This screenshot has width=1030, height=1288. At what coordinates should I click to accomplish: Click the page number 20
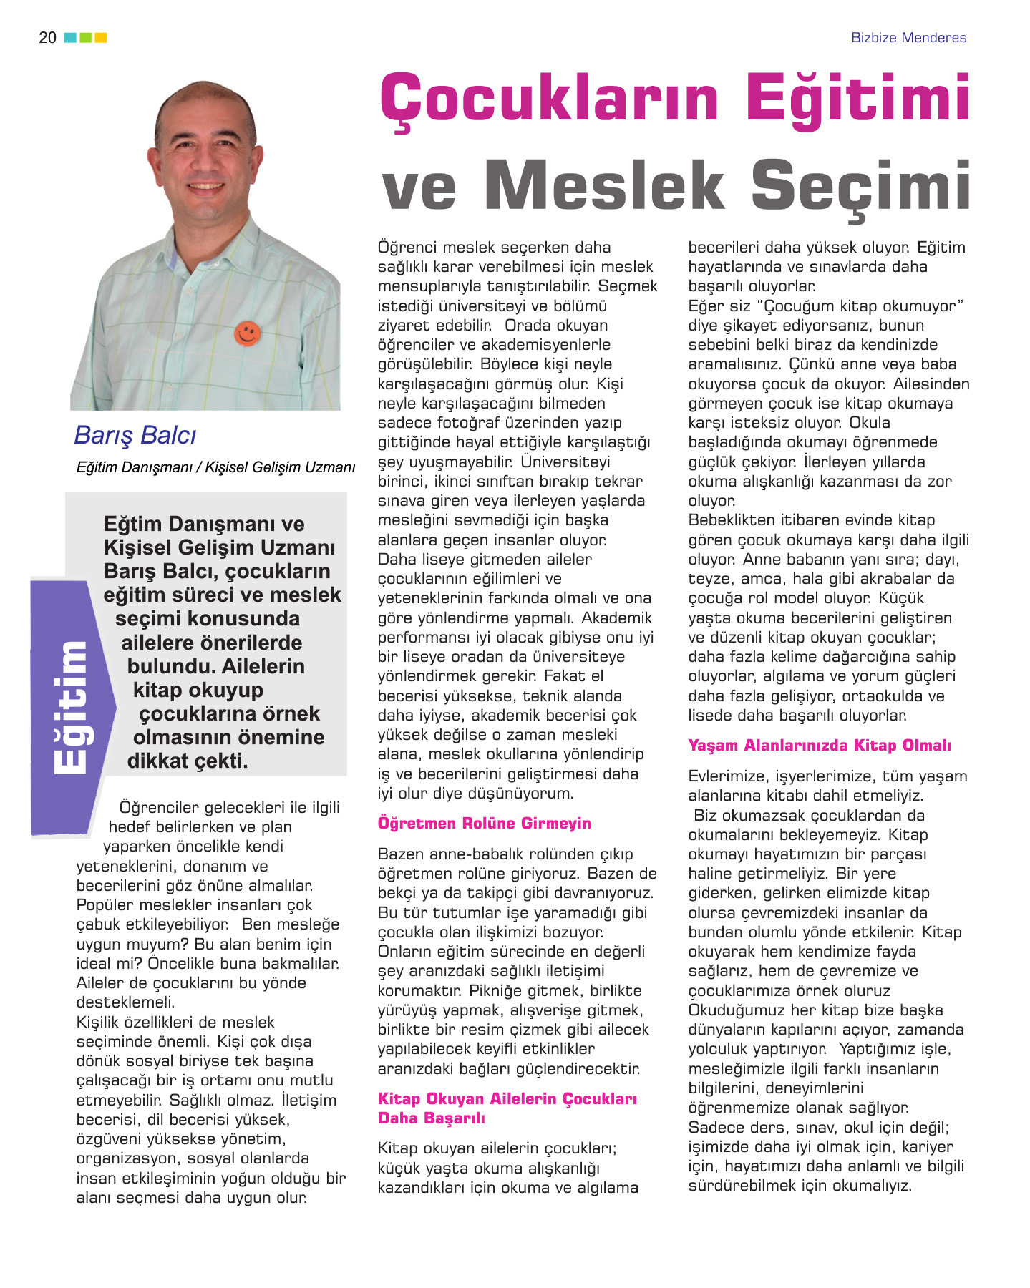tap(47, 37)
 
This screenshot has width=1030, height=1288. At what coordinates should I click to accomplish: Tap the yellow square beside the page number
tap(101, 37)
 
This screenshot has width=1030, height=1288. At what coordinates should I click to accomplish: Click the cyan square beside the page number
tap(70, 37)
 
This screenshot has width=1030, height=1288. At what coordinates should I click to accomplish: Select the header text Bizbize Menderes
tap(908, 38)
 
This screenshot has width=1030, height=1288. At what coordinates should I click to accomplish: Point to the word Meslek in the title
tap(605, 185)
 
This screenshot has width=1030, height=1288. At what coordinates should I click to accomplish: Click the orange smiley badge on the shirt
tap(247, 333)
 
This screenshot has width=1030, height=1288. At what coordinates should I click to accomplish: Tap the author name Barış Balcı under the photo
tap(135, 435)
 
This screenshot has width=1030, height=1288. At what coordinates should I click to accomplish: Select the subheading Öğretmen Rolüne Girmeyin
tap(484, 823)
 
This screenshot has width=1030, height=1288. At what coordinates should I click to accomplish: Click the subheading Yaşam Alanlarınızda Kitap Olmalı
tap(819, 745)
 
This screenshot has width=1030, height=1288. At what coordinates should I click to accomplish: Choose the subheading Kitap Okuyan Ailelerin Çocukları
tap(507, 1098)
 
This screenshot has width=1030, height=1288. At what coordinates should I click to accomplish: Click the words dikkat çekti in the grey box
tap(188, 761)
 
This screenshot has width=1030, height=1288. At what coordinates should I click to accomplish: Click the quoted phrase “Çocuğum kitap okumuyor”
tap(860, 306)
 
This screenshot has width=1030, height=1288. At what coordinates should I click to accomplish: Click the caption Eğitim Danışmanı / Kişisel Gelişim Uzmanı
tap(215, 467)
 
